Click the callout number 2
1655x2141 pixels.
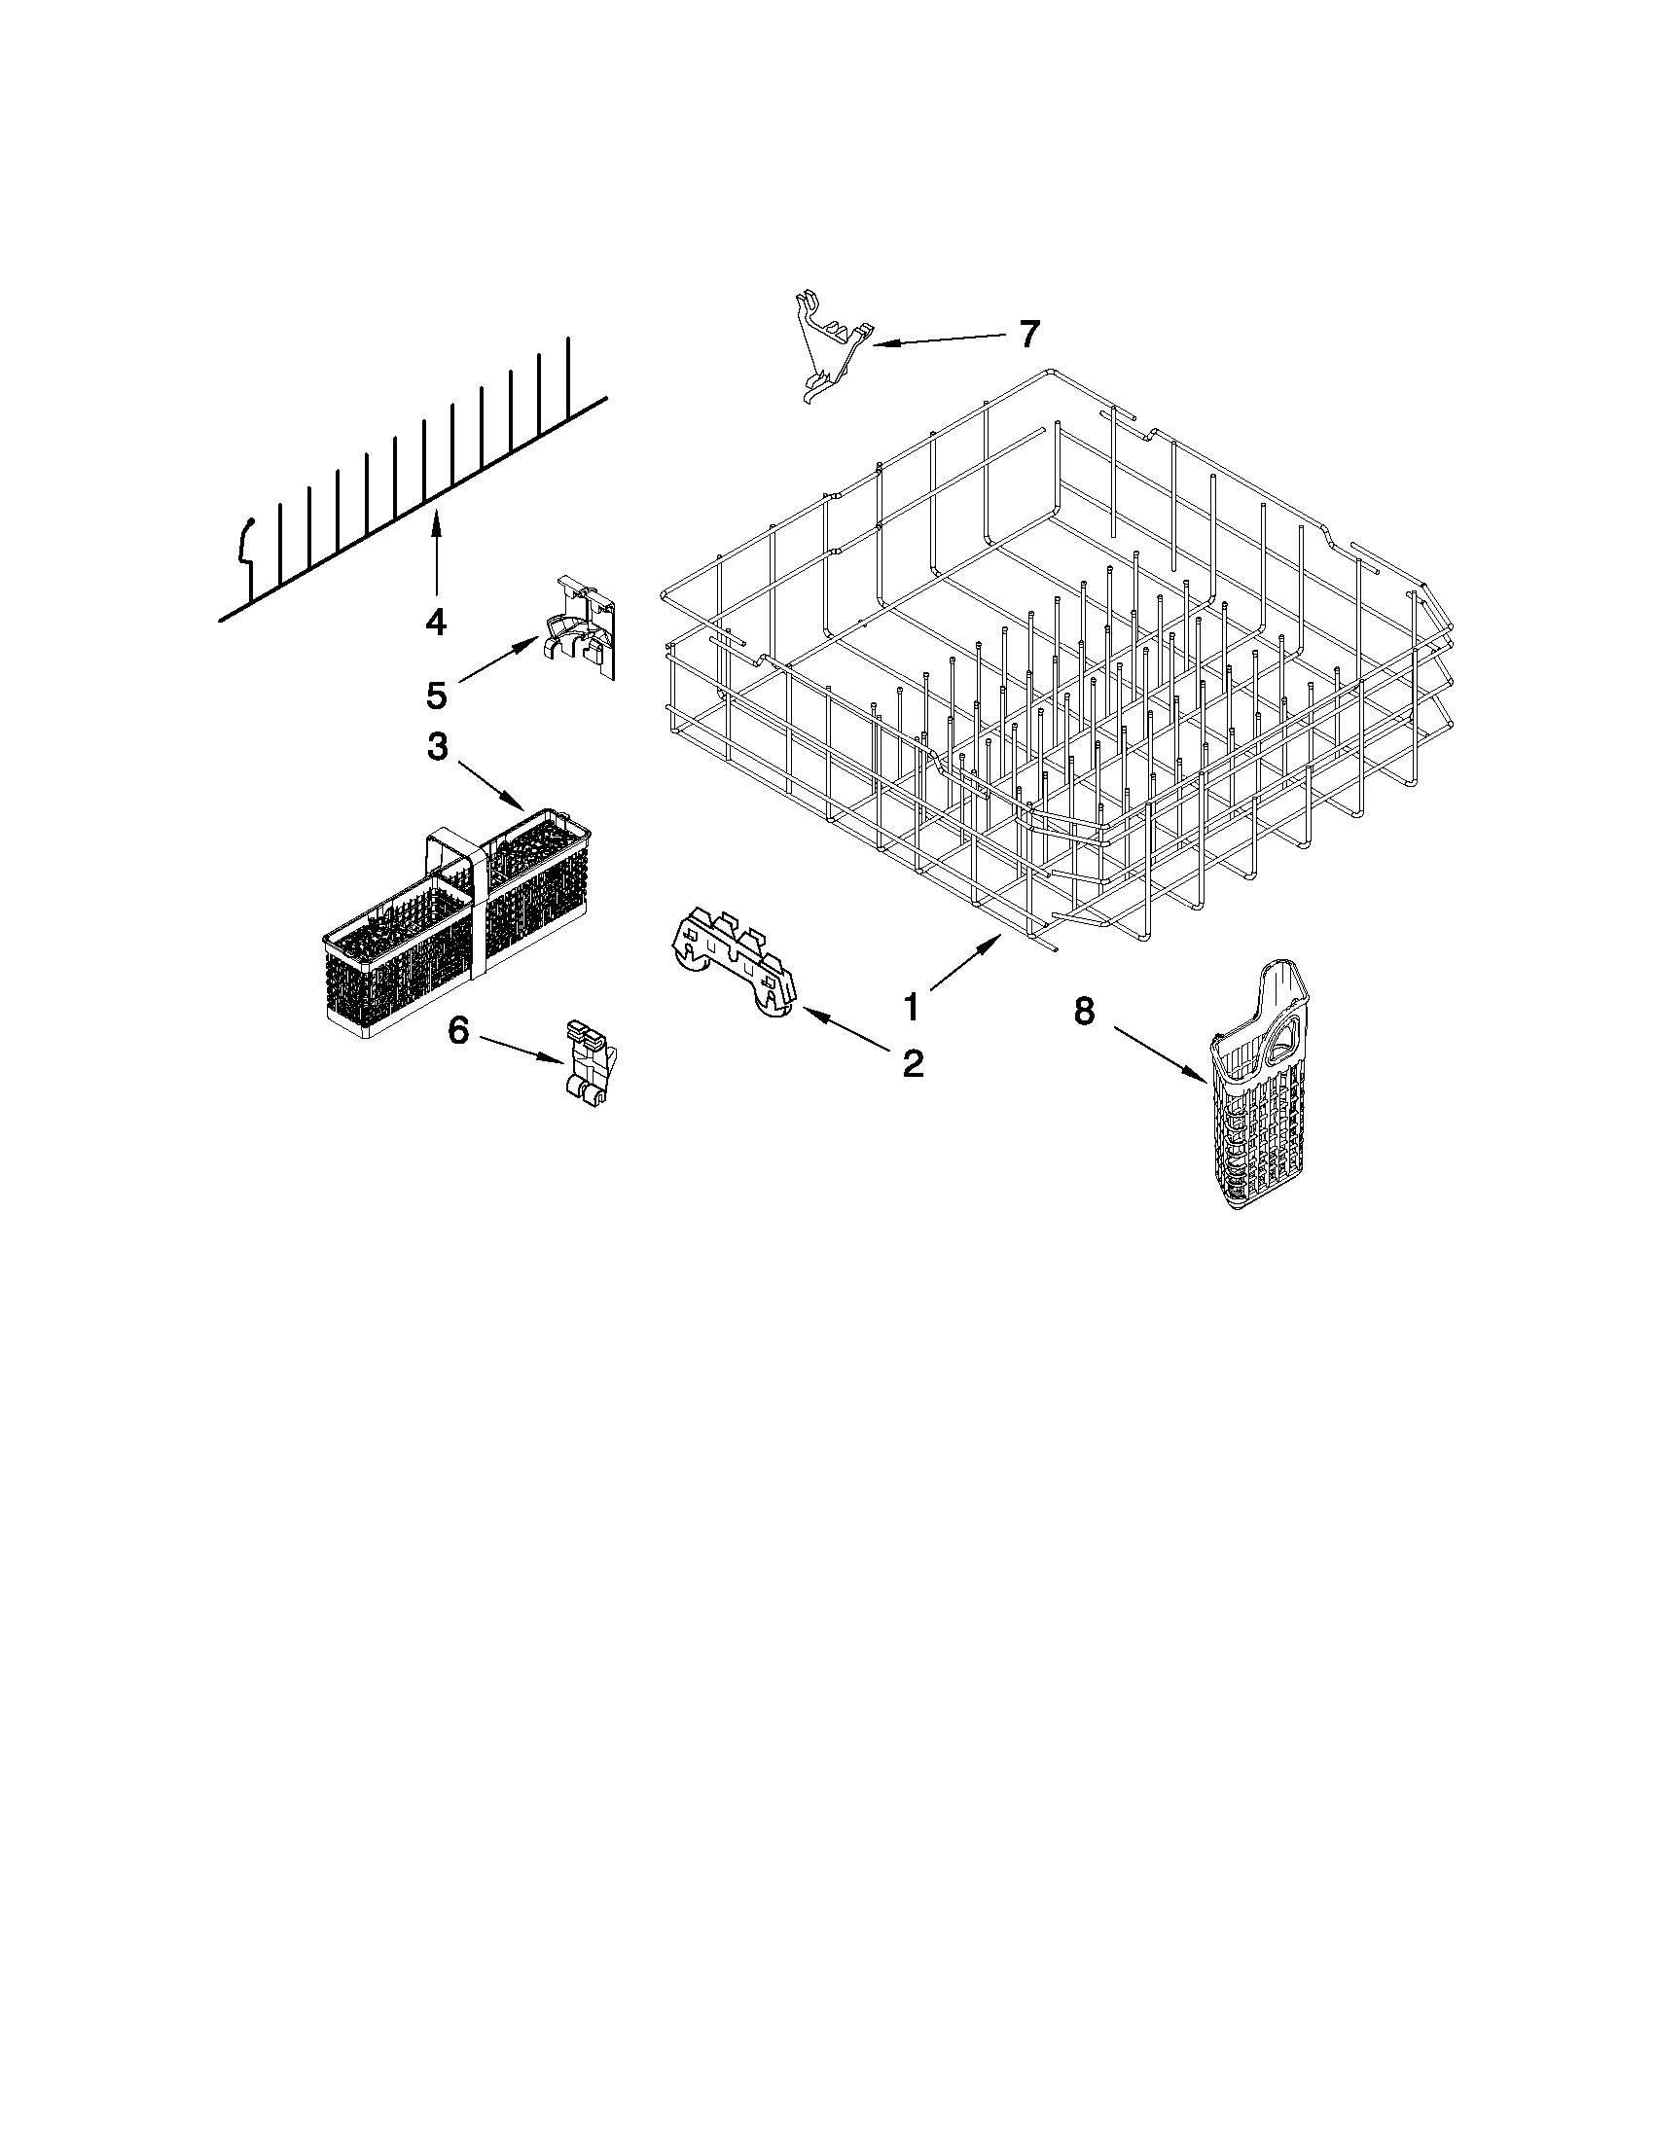(x=912, y=1062)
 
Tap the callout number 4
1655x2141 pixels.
(x=435, y=621)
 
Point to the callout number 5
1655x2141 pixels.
(x=436, y=696)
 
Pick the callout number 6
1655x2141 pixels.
(x=459, y=1030)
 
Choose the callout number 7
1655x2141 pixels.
(x=1027, y=335)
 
